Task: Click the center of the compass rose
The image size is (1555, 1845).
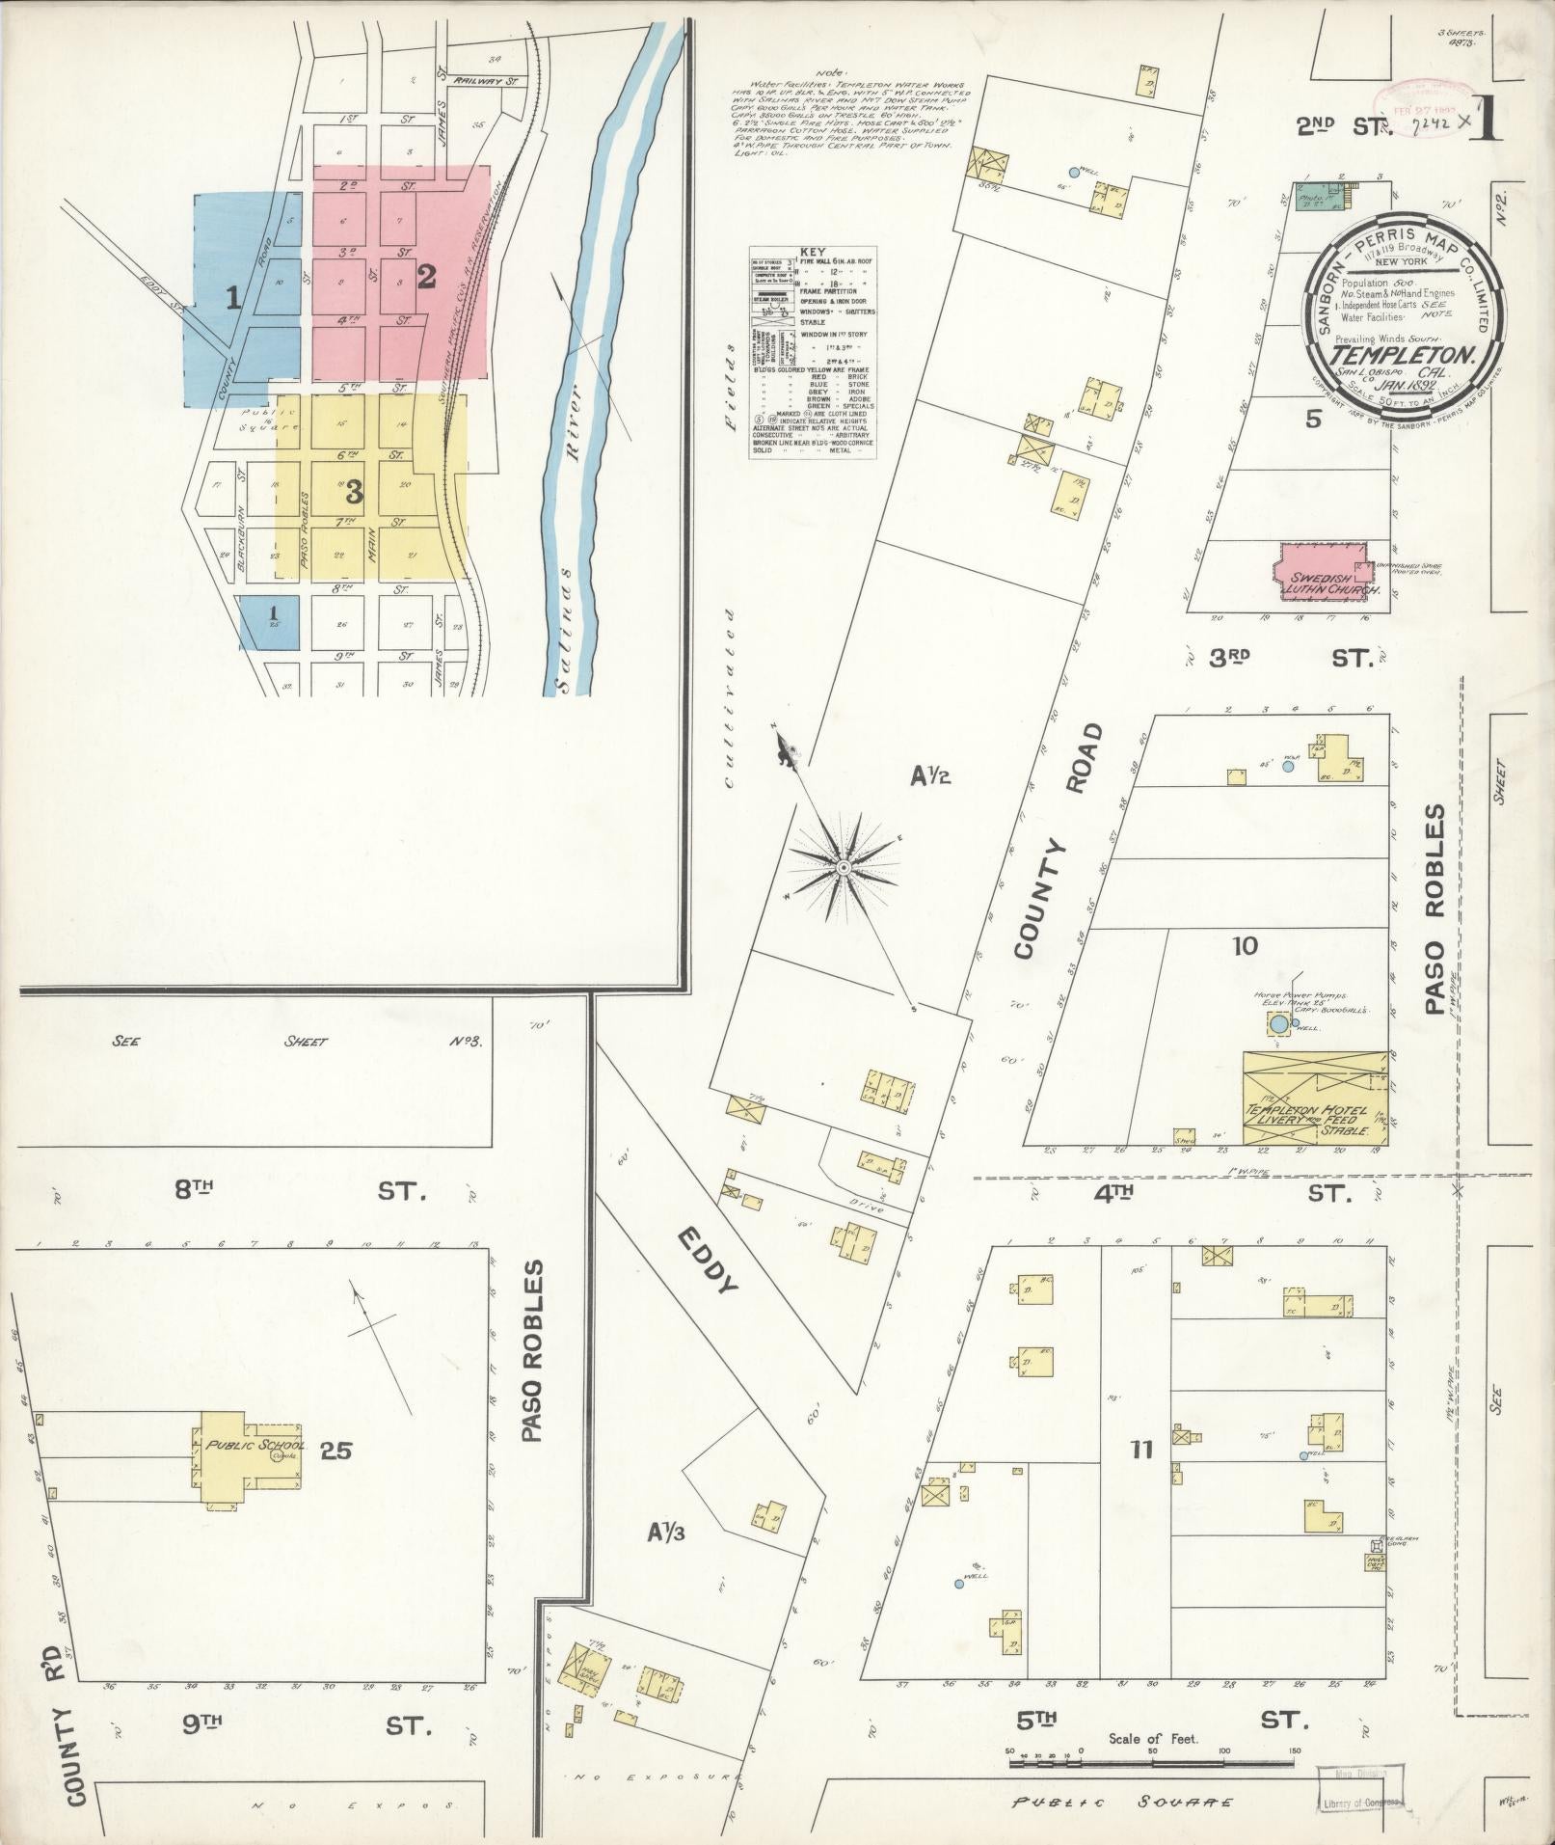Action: (x=843, y=868)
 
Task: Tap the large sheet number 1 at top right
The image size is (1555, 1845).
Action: (x=1485, y=121)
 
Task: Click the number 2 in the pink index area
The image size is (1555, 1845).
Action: (x=425, y=278)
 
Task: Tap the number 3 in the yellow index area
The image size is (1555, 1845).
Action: (x=354, y=493)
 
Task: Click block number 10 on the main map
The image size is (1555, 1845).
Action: (x=1245, y=946)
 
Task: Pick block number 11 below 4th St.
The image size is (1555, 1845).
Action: (x=1141, y=1449)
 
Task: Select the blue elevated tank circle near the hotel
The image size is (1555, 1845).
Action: (x=1277, y=1023)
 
